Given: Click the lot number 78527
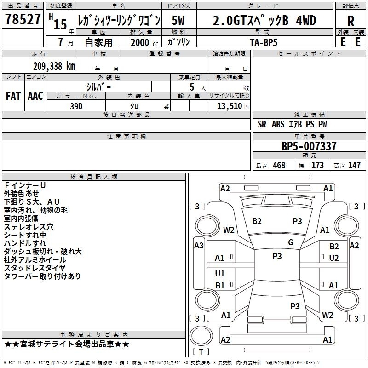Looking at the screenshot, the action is pos(23,19).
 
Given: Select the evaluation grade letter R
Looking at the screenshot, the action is pos(351,21).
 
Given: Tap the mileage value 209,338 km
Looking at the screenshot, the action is pos(54,66).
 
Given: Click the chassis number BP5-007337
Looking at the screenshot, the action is pos(309,146).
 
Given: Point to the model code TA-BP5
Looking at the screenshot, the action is pos(264,42).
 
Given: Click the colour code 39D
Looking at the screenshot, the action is pos(76,106).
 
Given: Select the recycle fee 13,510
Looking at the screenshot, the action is pos(230,106).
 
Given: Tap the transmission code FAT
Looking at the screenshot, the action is pos(13,96).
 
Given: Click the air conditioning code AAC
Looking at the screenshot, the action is pos(35,96).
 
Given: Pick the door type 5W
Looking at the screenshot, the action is pos(178,20).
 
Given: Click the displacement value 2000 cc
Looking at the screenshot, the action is pos(144,42).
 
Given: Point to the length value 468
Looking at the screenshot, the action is pos(279,165).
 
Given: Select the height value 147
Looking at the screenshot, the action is pos(354,165).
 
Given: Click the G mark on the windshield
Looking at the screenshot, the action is pos(291,242).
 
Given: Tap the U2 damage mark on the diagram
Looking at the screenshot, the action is pos(334,258).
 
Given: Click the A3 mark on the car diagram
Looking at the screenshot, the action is pos(199,246).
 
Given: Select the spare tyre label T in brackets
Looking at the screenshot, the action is pos(201,352).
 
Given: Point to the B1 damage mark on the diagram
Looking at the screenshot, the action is pos(220,285).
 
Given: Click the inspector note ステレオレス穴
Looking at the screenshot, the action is pos(29,227).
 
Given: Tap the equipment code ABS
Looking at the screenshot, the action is pos(278,124).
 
